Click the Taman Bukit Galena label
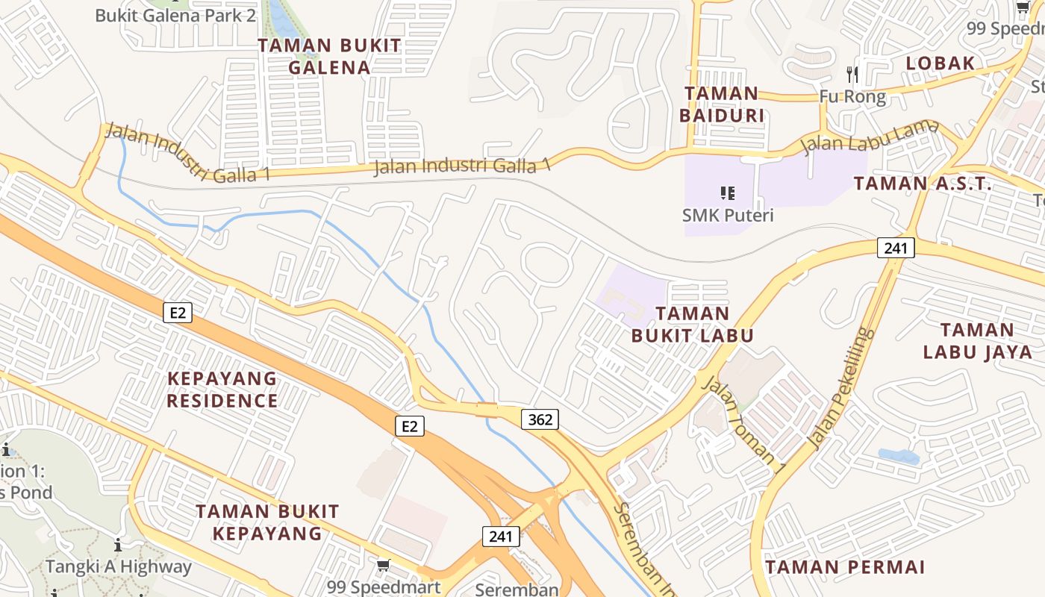pyautogui.click(x=329, y=56)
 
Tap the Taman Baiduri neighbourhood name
pyautogui.click(x=722, y=104)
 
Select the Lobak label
pyautogui.click(x=940, y=63)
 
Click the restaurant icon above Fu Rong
pyautogui.click(x=852, y=74)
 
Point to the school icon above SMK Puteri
pyautogui.click(x=728, y=193)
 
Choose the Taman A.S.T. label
pyautogui.click(x=923, y=184)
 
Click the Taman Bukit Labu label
pyautogui.click(x=692, y=325)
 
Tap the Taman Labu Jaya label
pyautogui.click(x=976, y=340)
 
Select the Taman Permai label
pyautogui.click(x=845, y=567)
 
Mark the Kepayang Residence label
pyautogui.click(x=222, y=390)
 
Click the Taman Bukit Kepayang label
pyautogui.click(x=267, y=522)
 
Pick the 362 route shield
pyautogui.click(x=540, y=419)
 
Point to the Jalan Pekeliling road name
pyautogui.click(x=841, y=389)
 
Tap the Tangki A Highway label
pyautogui.click(x=119, y=567)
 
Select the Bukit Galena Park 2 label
pyautogui.click(x=175, y=15)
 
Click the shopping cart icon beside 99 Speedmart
pyautogui.click(x=383, y=565)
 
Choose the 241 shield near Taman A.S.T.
pyautogui.click(x=896, y=249)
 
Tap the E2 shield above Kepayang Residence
pyautogui.click(x=178, y=313)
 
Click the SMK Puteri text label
pyautogui.click(x=728, y=216)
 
